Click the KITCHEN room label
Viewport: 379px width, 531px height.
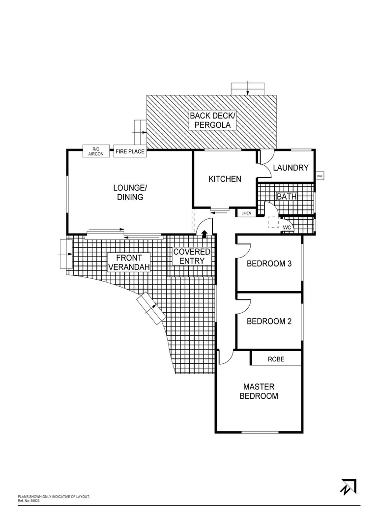(x=225, y=179)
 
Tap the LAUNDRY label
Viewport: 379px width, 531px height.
(x=291, y=168)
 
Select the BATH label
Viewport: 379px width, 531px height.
(x=287, y=196)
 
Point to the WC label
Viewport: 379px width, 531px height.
(x=287, y=228)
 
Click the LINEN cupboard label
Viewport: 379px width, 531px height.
(x=246, y=213)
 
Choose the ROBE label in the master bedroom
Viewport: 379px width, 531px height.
(x=276, y=359)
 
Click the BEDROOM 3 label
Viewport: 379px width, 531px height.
(x=269, y=264)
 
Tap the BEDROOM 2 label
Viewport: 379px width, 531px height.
(x=269, y=321)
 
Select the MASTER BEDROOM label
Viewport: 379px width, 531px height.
(x=259, y=391)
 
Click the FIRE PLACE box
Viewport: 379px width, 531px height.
(x=130, y=151)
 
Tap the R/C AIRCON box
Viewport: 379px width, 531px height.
(x=96, y=151)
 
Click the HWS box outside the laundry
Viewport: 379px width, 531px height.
(x=320, y=176)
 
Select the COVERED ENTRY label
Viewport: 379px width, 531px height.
(x=192, y=256)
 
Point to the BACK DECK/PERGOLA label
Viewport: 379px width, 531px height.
(x=213, y=120)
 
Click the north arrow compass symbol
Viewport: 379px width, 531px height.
(x=348, y=486)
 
